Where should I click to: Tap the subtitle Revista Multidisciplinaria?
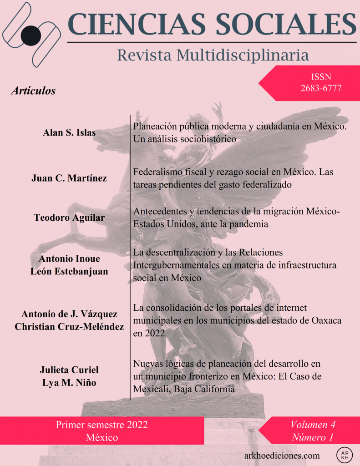tap(213, 55)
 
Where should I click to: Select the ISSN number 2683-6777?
tap(321, 88)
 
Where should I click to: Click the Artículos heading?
tap(33, 91)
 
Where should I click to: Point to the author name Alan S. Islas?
tap(70, 132)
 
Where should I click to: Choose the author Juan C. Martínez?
tap(69, 178)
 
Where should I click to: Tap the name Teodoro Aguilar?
tap(69, 218)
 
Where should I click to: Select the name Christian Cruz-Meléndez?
tap(69, 326)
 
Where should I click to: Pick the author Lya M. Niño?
tap(69, 382)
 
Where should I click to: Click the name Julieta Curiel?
tap(70, 370)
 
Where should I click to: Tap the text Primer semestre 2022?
tap(101, 425)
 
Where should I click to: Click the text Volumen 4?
tap(313, 425)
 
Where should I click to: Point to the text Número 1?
tap(313, 438)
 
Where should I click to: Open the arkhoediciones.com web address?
tap(282, 455)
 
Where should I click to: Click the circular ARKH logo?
tap(345, 455)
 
